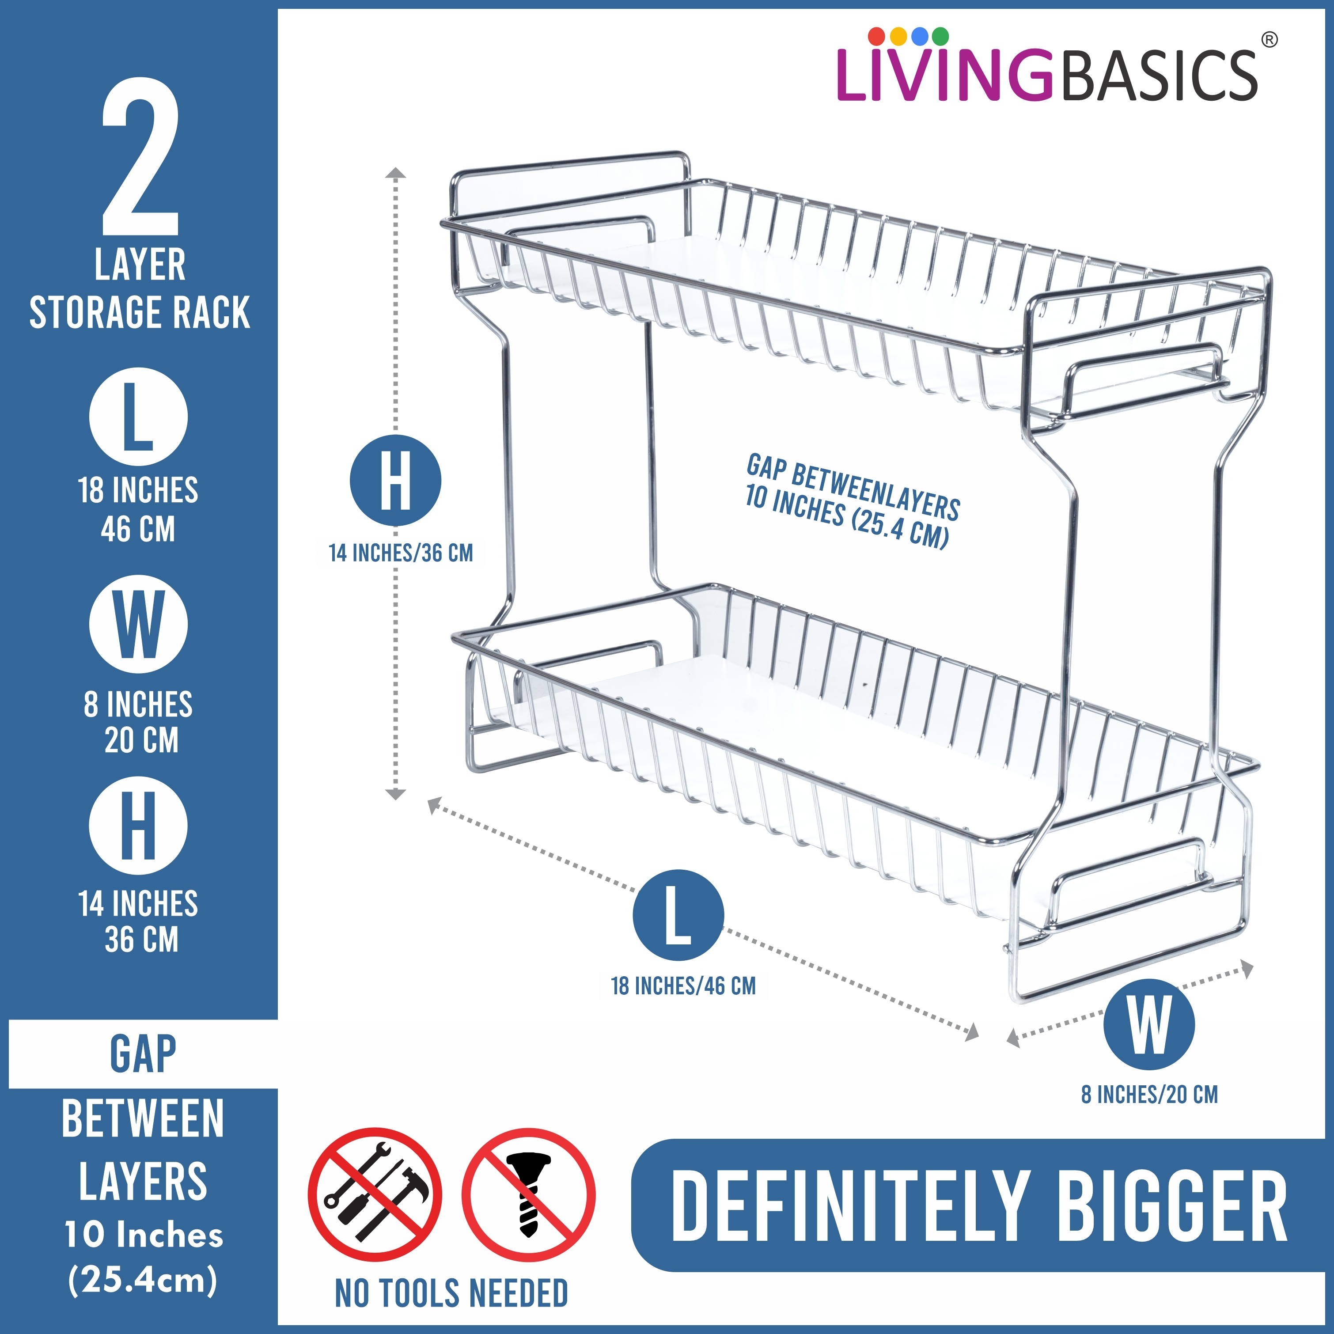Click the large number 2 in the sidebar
click(x=141, y=157)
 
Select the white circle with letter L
click(x=138, y=417)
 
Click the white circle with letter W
click(x=138, y=624)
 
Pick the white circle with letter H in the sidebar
click(x=138, y=825)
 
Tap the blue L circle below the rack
click(x=678, y=915)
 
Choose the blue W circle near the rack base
click(x=1149, y=1024)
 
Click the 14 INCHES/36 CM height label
click(x=401, y=553)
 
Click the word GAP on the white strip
click(x=143, y=1054)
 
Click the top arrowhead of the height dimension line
click(x=395, y=173)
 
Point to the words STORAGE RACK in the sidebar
click(x=140, y=313)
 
